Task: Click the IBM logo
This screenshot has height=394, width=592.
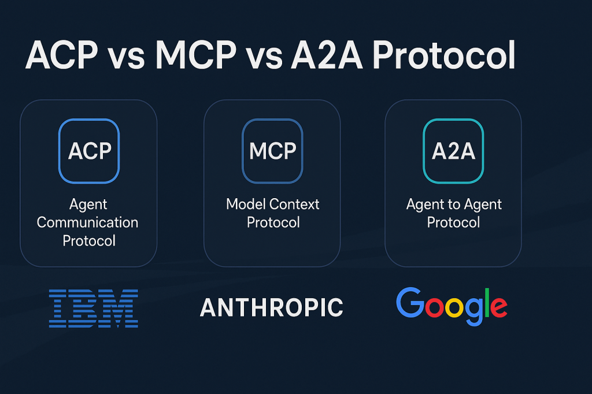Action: (x=93, y=308)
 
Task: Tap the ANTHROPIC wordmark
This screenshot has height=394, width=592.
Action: (x=272, y=307)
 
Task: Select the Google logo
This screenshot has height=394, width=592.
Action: (x=452, y=306)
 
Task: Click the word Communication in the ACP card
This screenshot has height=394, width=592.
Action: (x=88, y=222)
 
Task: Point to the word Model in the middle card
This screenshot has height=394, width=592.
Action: (x=245, y=204)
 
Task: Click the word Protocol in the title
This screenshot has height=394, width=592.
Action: (x=444, y=55)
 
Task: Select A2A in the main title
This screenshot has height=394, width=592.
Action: (x=327, y=55)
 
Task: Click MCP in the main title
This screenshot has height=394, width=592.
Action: (x=196, y=55)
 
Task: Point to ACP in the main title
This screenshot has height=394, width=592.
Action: (x=61, y=55)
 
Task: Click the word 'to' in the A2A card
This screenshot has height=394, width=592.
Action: (x=454, y=205)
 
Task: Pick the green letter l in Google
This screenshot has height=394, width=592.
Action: (x=487, y=302)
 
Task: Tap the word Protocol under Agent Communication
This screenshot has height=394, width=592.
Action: (x=89, y=241)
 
